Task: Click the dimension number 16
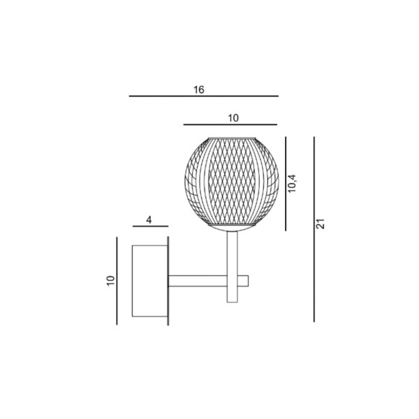click(199, 90)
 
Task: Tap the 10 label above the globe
click(233, 118)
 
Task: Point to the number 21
click(321, 224)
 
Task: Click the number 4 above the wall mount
click(149, 219)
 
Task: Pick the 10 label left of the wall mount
click(110, 280)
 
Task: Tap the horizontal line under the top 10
click(230, 125)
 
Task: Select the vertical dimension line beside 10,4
click(286, 184)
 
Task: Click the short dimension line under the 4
click(150, 227)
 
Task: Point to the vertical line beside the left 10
click(117, 280)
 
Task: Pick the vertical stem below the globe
click(233, 251)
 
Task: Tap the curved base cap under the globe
click(231, 225)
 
